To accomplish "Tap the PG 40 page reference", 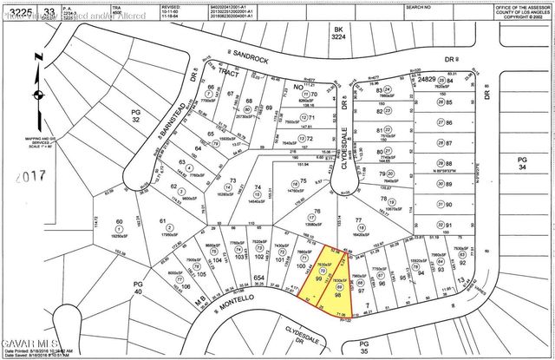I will pos(137,288).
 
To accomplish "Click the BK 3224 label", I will pos(339,34).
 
